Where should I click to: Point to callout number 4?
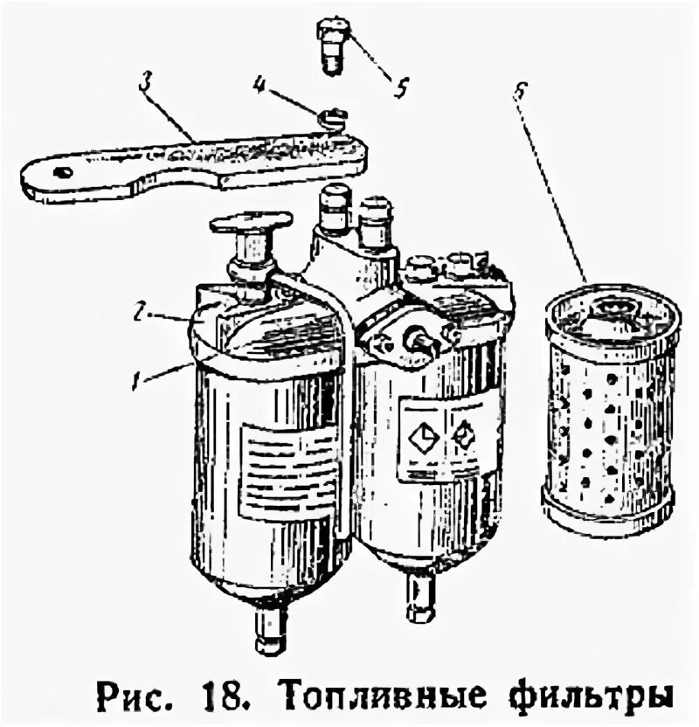pos(260,85)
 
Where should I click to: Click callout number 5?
pos(401,88)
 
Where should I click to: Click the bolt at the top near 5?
pos(333,44)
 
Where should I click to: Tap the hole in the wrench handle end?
pos(62,172)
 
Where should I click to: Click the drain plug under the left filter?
pos(270,631)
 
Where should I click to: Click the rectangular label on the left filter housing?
pos(288,473)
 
